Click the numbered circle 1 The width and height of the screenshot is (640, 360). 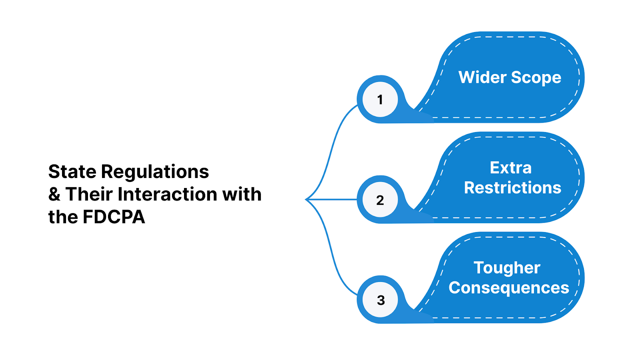click(x=380, y=99)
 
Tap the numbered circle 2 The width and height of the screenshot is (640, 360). click(x=380, y=200)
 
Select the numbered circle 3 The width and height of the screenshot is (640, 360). click(x=380, y=300)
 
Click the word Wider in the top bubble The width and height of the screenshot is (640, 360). click(x=482, y=77)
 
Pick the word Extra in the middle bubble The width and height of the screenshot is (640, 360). click(x=511, y=168)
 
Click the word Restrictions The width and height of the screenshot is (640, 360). click(x=512, y=188)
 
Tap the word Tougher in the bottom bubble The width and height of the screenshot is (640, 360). click(x=507, y=268)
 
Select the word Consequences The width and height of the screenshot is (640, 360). click(x=508, y=288)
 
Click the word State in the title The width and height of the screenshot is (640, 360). click(x=72, y=172)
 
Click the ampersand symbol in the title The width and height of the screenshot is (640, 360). click(x=54, y=194)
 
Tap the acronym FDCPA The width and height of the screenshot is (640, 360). click(x=114, y=217)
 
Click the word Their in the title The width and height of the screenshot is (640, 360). click(x=89, y=194)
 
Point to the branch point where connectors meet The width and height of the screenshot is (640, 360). click(x=307, y=199)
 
